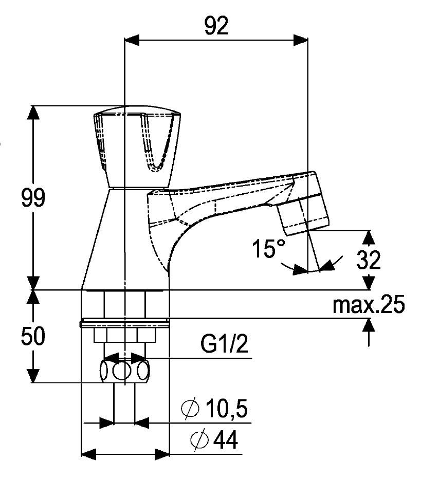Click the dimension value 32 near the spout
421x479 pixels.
(x=368, y=261)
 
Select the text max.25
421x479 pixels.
(x=368, y=305)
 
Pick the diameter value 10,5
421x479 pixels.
(x=226, y=410)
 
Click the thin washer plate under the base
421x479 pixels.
(x=125, y=324)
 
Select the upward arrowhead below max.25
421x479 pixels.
(x=369, y=326)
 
